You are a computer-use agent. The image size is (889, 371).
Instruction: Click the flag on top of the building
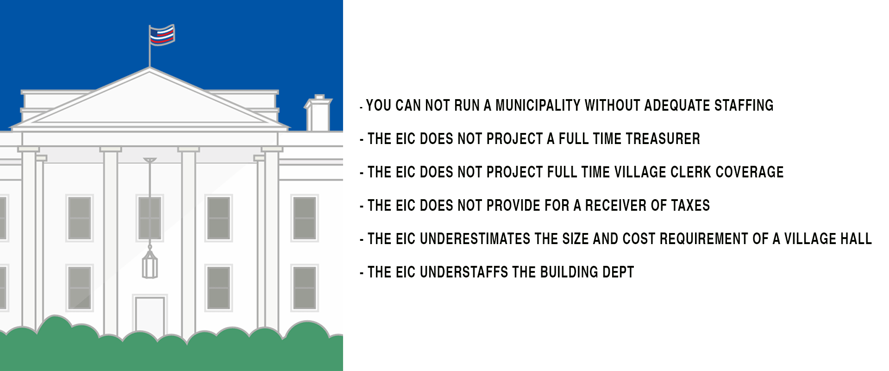pos(162,35)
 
